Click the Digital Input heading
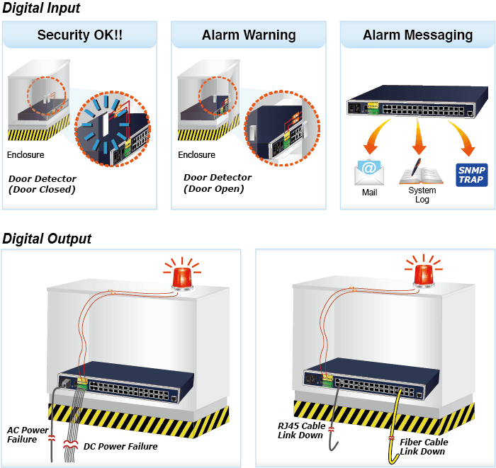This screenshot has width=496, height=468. pos(41,8)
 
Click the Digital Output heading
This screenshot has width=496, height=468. pos(47,239)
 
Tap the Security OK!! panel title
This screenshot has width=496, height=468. pos(79,35)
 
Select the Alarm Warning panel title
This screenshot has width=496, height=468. pos(249,35)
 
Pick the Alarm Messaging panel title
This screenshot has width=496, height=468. pos(417,35)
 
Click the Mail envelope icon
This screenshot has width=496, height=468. pos(369,172)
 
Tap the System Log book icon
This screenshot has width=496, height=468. pos(421,172)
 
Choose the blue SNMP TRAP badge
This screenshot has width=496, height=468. pos(472,175)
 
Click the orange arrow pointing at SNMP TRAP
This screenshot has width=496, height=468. pos(464,137)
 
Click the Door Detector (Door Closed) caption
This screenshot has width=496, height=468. pos(43,184)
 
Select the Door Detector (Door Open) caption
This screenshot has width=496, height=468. pos(218,183)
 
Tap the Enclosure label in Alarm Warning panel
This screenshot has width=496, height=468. pos(196,155)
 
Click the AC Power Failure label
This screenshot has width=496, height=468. pos(28,435)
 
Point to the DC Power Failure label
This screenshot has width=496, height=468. pos(120,447)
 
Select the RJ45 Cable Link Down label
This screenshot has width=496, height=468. pos(301,430)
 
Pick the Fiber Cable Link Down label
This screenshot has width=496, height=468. pos(424,447)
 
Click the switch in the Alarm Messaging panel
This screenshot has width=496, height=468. pos(417,101)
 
